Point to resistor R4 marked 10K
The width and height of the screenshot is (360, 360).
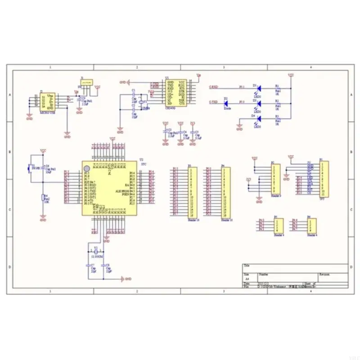point(43,198)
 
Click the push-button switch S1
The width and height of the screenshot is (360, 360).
point(29,169)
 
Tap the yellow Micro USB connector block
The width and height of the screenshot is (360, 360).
point(47,102)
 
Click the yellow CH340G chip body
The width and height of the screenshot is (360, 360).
point(176,93)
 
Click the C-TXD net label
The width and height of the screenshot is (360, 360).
point(215,102)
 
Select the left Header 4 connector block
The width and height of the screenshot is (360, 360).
point(279,225)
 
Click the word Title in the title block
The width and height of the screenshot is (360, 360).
point(246,265)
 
